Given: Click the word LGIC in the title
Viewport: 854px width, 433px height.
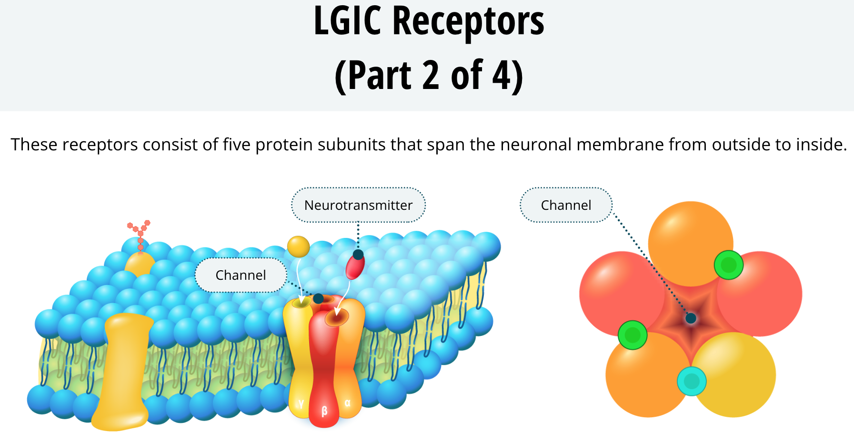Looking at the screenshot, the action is (x=348, y=21).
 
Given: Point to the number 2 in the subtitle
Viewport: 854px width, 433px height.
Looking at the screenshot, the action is (x=431, y=75).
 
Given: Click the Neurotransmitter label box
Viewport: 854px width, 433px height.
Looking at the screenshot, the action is (x=358, y=205).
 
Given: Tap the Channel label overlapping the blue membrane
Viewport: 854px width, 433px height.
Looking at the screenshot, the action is (x=241, y=275).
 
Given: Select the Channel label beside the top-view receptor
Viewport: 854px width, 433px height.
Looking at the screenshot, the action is (x=566, y=205).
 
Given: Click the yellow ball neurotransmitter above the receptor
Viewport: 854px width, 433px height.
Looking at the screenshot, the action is (x=299, y=246).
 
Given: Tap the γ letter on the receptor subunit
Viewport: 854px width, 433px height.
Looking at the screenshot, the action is (x=301, y=403).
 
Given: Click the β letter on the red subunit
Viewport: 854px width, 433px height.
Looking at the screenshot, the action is (x=324, y=411).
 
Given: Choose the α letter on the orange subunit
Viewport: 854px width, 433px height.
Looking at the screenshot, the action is (x=347, y=403).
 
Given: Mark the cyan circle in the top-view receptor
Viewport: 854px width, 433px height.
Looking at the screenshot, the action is (x=692, y=381).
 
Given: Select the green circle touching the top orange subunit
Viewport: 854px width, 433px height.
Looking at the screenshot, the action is (x=729, y=265).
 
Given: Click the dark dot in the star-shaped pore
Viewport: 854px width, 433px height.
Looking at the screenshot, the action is (x=691, y=318).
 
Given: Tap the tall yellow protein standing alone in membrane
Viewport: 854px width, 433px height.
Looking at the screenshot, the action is (x=123, y=372).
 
